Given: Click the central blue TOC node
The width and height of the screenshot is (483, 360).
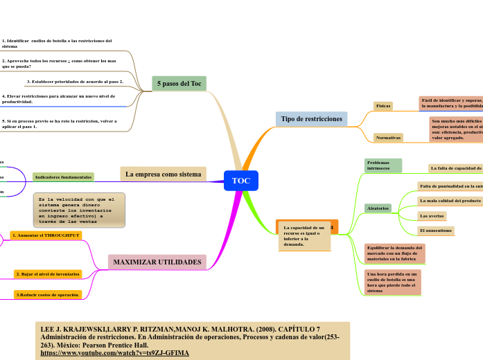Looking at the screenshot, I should click(241, 181).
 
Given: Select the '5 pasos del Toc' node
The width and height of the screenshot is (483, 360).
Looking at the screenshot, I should click(179, 84).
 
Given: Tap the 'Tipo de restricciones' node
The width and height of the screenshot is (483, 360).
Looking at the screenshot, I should click(311, 119).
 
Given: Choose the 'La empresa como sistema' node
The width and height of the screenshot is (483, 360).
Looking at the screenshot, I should click(163, 174).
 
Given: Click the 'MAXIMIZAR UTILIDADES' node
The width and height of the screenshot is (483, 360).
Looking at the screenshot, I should click(157, 262).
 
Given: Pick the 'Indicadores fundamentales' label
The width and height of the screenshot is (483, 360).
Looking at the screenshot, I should click(63, 177).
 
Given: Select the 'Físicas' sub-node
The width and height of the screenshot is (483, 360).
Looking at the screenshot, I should click(383, 106).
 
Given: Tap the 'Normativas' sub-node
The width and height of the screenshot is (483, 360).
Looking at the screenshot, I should click(388, 137).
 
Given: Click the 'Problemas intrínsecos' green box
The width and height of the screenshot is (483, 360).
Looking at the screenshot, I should click(383, 165).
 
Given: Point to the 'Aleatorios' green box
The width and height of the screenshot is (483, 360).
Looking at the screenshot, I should click(378, 208).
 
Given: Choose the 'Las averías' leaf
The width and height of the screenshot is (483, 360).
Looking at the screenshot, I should click(432, 216).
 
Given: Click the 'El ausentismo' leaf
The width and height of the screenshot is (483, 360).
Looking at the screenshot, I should click(436, 231).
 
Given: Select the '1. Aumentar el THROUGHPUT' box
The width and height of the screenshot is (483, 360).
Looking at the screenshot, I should click(46, 235).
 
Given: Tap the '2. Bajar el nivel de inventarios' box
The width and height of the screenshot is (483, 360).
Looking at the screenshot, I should click(48, 274).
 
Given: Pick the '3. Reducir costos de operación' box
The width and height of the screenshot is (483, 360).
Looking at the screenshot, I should click(48, 295).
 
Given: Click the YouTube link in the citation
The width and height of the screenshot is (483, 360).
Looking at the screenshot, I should click(114, 353).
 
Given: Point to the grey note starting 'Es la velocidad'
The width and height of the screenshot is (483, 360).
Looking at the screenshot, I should click(79, 210).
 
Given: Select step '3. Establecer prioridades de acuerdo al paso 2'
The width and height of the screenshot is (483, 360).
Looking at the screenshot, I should click(74, 82).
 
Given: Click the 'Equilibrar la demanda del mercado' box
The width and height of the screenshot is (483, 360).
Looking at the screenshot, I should click(394, 253).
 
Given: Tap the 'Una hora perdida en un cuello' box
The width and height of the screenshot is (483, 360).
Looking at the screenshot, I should click(392, 282).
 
